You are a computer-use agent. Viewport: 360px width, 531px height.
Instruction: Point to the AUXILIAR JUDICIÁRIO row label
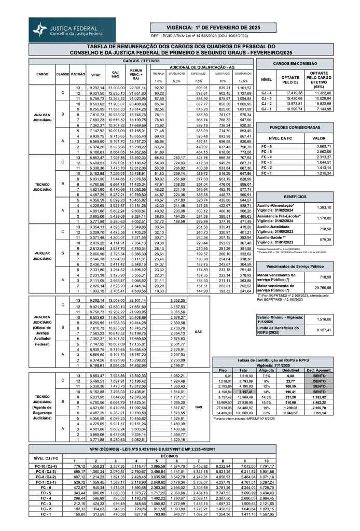[41, 255]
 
